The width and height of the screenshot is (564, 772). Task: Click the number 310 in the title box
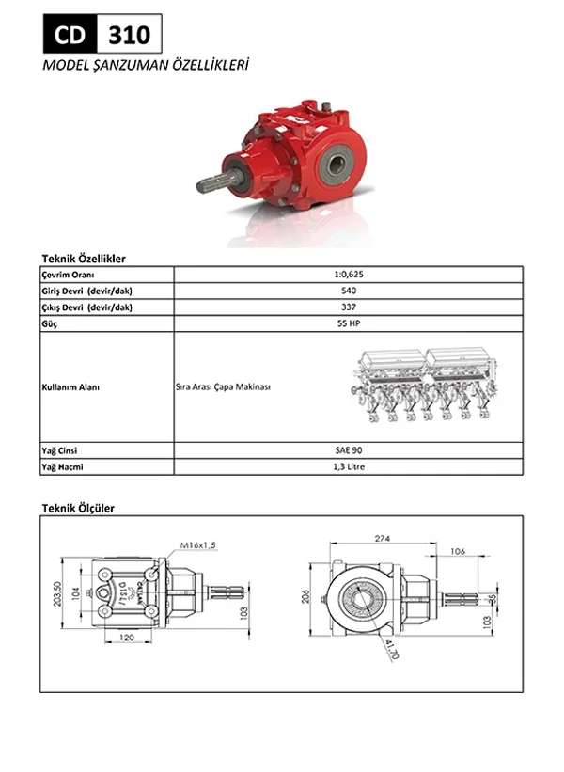(x=129, y=35)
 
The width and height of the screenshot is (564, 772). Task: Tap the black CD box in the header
(x=70, y=35)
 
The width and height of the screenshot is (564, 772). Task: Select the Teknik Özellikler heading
(x=84, y=258)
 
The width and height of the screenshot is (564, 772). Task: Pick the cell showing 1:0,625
(x=349, y=274)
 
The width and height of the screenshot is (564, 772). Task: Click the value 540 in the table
(x=349, y=291)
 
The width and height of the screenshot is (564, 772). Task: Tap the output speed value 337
(x=349, y=307)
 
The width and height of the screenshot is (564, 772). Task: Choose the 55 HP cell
(x=349, y=323)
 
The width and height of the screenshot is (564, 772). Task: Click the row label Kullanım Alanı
(x=71, y=386)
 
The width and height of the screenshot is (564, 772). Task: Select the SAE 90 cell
(x=349, y=450)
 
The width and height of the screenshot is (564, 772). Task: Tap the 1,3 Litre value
(x=349, y=466)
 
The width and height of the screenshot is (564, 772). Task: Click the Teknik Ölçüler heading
(x=78, y=508)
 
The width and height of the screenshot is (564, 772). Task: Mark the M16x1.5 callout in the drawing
(x=198, y=544)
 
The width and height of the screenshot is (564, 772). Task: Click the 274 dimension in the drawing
(x=381, y=539)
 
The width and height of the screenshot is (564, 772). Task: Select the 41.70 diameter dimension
(x=391, y=648)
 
